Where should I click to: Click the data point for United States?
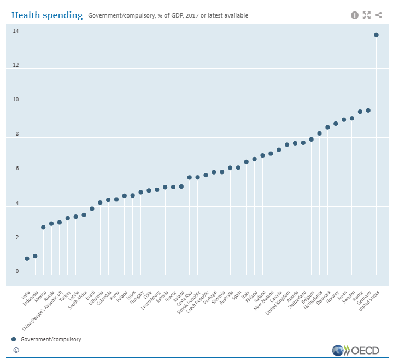tap(376, 35)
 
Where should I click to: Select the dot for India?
tap(27, 259)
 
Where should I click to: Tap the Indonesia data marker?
tap(35, 256)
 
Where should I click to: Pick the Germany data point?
tap(368, 111)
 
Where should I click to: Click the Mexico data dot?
tap(43, 227)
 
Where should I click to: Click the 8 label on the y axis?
tap(17, 134)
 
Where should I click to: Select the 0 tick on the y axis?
tap(17, 271)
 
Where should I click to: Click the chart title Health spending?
tap(47, 15)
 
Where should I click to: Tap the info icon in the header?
tap(354, 15)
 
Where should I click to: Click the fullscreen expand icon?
tap(366, 15)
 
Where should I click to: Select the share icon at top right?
tap(379, 15)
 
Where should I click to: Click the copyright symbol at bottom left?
tap(16, 350)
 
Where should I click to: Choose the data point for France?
tap(360, 112)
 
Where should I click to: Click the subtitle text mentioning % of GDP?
tap(168, 16)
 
